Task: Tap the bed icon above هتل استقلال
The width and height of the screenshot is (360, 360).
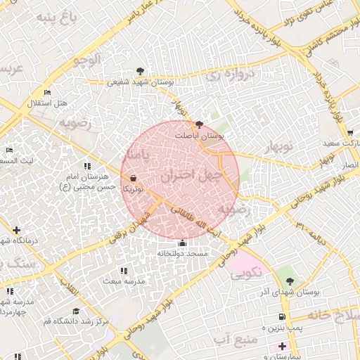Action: point(47,93)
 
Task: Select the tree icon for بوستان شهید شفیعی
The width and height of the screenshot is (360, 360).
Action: point(141,71)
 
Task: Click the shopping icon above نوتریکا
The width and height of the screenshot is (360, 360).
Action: point(134,179)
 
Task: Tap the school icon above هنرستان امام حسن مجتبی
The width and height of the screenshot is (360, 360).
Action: point(87,166)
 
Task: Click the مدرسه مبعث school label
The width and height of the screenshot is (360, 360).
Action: point(124,281)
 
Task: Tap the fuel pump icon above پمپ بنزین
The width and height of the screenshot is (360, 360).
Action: point(282,317)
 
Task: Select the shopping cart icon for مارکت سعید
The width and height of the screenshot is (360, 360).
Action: point(349,132)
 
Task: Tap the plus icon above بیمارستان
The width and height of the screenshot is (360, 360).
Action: point(282,346)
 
